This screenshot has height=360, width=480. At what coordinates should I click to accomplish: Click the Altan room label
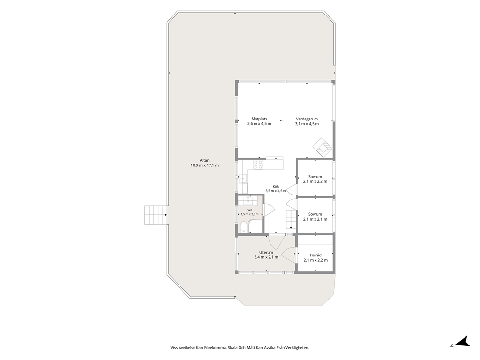(x=205, y=160)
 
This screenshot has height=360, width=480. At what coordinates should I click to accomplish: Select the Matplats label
(x=259, y=119)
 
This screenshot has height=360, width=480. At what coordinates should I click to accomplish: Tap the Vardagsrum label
(x=307, y=119)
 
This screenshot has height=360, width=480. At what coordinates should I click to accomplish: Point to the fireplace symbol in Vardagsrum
(x=323, y=148)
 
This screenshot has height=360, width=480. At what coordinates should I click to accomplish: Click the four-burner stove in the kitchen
(x=258, y=165)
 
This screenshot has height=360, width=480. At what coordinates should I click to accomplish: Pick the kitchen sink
(x=243, y=178)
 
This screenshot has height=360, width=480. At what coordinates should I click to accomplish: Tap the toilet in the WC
(x=243, y=227)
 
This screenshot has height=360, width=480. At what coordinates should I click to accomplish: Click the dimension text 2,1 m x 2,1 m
(x=315, y=219)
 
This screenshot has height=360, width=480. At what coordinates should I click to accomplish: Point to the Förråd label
(x=315, y=255)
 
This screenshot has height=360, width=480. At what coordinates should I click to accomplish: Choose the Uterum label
(x=266, y=252)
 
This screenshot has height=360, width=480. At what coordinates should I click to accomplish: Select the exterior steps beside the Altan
(x=156, y=214)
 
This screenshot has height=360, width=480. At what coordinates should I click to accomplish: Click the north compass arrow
(x=463, y=342)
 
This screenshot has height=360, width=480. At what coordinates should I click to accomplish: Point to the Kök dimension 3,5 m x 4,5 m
(x=275, y=191)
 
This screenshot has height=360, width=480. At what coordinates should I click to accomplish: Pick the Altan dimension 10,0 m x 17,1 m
(x=205, y=165)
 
